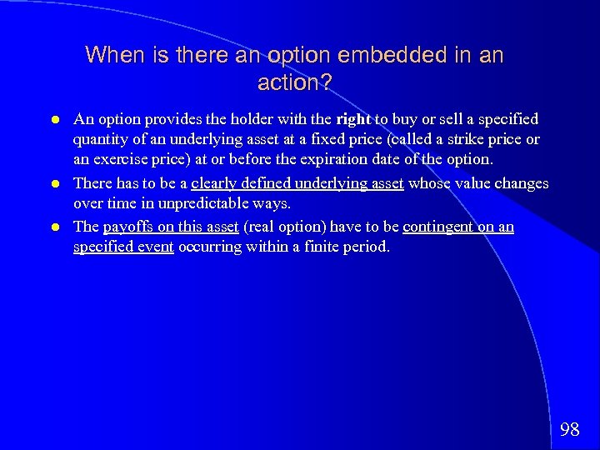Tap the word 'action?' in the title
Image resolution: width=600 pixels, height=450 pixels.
click(294, 83)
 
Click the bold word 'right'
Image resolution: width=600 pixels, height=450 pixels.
click(353, 119)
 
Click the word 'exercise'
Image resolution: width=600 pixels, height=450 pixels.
click(128, 160)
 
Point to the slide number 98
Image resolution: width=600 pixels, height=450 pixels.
click(570, 430)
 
